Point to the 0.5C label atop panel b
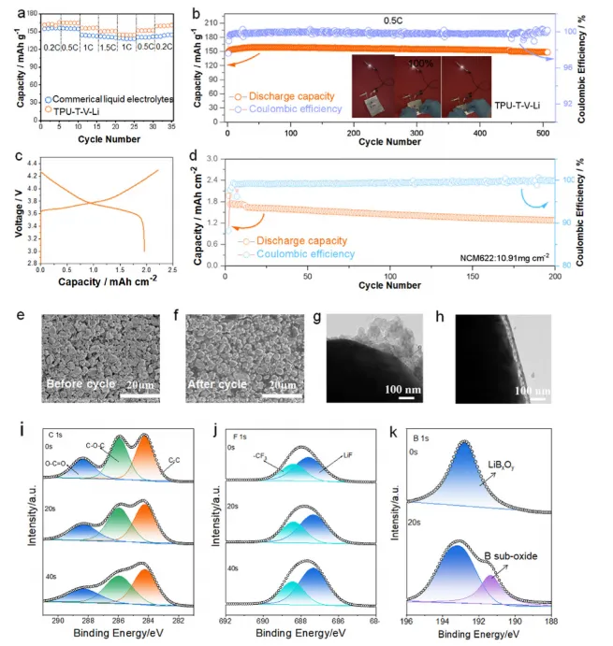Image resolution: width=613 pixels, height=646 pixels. pyautogui.click(x=390, y=16)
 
